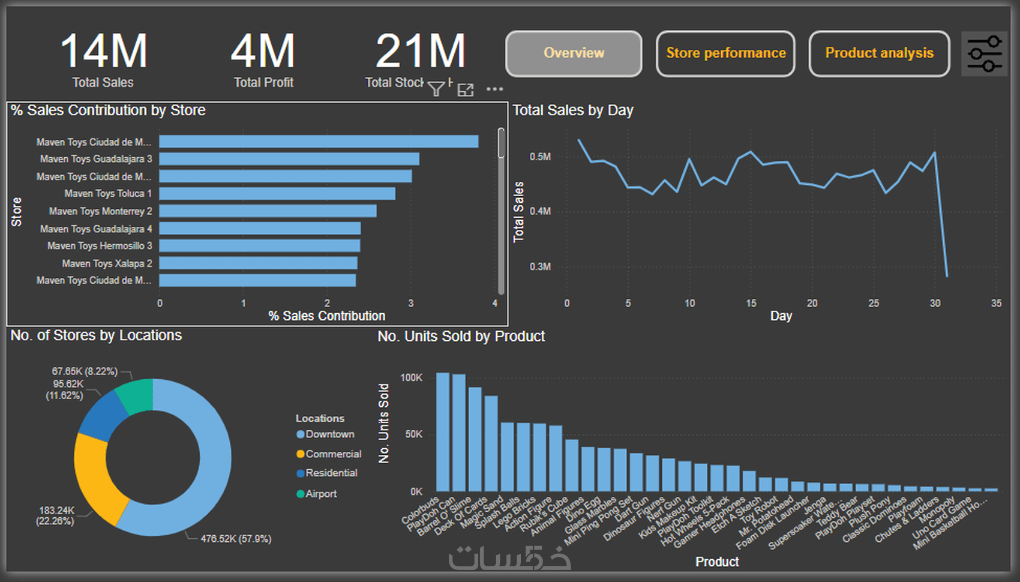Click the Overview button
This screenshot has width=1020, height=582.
tap(574, 53)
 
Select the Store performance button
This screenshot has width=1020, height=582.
tap(725, 53)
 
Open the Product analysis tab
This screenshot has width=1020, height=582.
tap(879, 53)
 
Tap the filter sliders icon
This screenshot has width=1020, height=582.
tap(984, 54)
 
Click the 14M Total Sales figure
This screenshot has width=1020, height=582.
tap(103, 52)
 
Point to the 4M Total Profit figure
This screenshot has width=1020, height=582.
tap(263, 52)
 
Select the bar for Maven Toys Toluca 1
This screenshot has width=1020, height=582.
tap(277, 194)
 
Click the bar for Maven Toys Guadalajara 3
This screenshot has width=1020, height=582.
tap(289, 159)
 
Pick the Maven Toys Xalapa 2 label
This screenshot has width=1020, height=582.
tap(107, 263)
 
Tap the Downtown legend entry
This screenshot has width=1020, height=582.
tap(329, 434)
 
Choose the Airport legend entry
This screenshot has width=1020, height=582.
tap(321, 494)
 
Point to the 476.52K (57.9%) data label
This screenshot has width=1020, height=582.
tap(236, 539)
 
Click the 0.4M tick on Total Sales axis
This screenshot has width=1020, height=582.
tap(540, 211)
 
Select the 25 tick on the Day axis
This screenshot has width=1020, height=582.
tap(874, 304)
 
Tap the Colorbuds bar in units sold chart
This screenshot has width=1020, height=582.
tap(443, 431)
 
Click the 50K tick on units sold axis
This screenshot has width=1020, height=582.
tap(413, 434)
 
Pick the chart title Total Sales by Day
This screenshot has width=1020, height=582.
tap(573, 110)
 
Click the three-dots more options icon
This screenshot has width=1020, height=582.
tap(494, 89)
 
